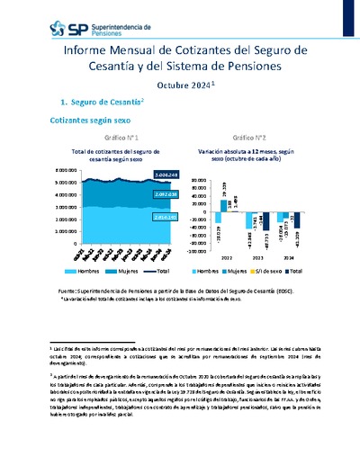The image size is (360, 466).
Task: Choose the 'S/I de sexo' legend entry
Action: coord(260,269)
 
